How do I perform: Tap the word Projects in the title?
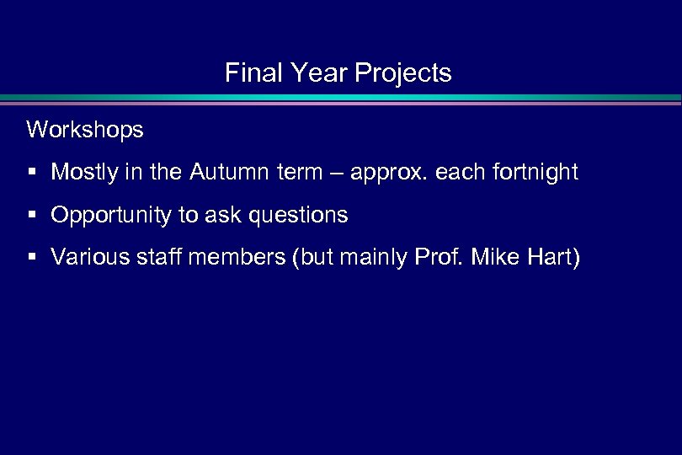click(403, 74)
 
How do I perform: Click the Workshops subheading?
click(85, 130)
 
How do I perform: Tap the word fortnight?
click(537, 173)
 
